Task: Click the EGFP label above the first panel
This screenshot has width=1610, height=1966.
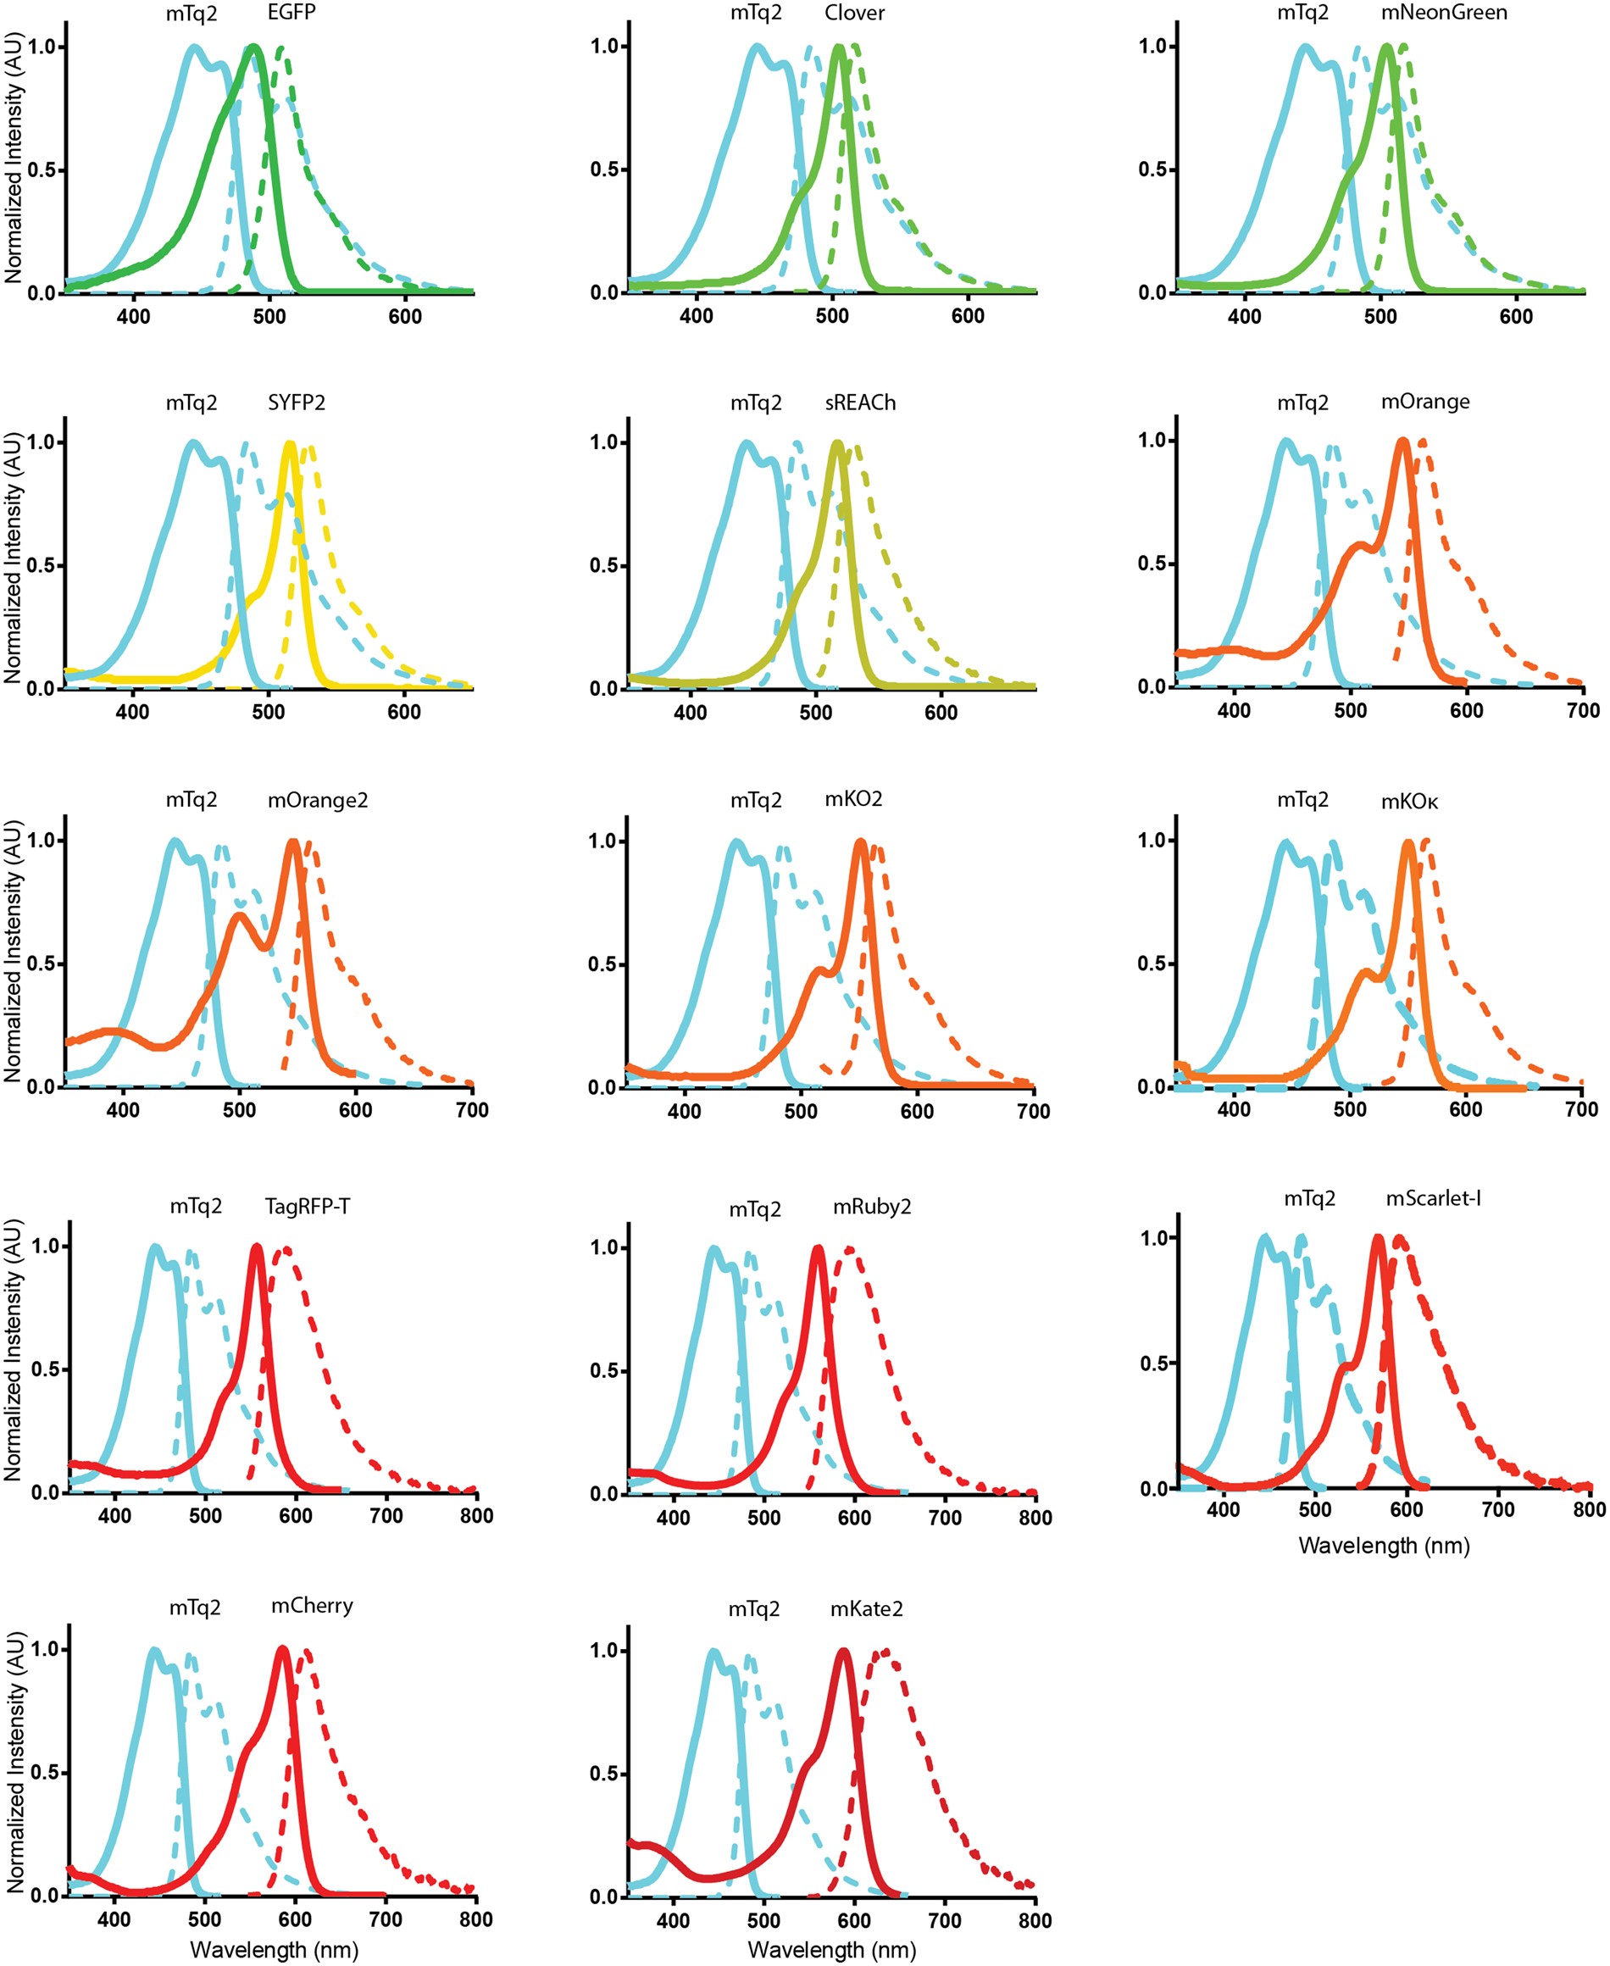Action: pyautogui.click(x=291, y=12)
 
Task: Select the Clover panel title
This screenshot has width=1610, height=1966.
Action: pyautogui.click(x=854, y=13)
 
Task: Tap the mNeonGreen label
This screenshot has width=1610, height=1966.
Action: pyautogui.click(x=1443, y=12)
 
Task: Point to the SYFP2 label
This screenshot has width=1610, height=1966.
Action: pyautogui.click(x=296, y=403)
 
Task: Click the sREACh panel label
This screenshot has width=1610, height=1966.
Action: pyautogui.click(x=860, y=403)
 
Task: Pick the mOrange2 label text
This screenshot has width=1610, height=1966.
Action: pyautogui.click(x=317, y=799)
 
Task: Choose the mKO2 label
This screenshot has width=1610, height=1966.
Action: pyautogui.click(x=853, y=798)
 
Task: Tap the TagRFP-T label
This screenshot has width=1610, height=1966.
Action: pyautogui.click(x=307, y=1207)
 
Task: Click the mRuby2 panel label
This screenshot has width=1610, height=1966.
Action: pyautogui.click(x=872, y=1207)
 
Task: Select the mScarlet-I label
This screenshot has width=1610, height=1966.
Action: pyautogui.click(x=1433, y=1198)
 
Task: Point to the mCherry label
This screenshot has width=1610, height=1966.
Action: pyautogui.click(x=312, y=1605)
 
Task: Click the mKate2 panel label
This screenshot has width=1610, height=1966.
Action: pyautogui.click(x=866, y=1609)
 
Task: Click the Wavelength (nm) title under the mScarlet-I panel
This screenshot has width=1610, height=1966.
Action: pyautogui.click(x=1384, y=1546)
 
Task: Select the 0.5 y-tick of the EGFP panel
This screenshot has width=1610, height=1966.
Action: pyautogui.click(x=42, y=169)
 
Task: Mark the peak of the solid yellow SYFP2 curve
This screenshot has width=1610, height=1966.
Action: pyautogui.click(x=291, y=444)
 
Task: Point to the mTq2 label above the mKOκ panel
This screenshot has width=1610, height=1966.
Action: pyautogui.click(x=1302, y=799)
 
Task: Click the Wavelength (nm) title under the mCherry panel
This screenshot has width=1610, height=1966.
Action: pyautogui.click(x=274, y=1949)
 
